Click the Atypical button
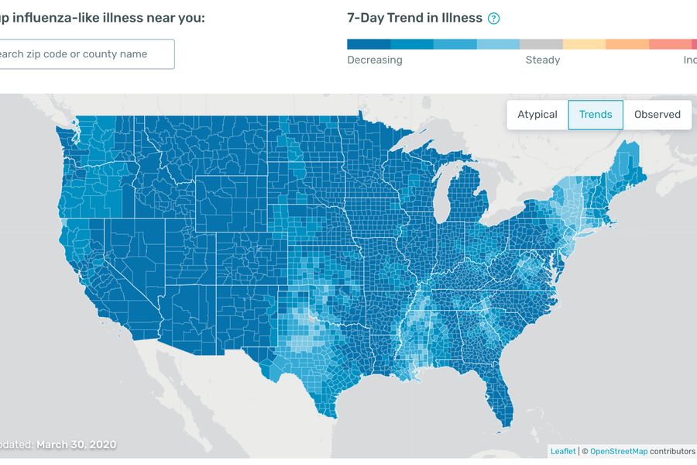[537, 115]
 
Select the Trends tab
[596, 115]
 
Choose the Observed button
[657, 115]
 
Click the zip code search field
[85, 54]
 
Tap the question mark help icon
[493, 19]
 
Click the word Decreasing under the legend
[375, 60]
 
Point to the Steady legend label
[542, 60]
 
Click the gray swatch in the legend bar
[541, 44]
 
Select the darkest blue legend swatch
[368, 44]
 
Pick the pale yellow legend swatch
[584, 44]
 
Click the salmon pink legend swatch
[671, 44]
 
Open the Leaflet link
[563, 451]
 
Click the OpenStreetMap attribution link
[618, 451]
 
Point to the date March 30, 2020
[76, 444]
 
